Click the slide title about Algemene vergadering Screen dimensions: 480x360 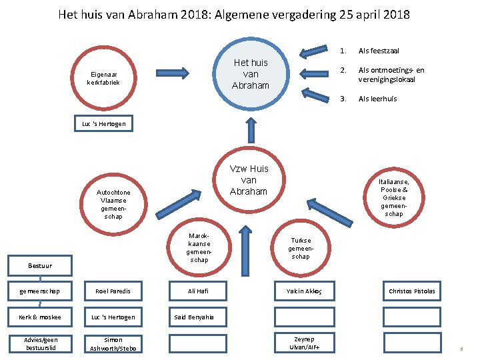coord(234,14)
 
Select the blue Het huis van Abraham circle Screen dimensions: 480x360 coord(250,74)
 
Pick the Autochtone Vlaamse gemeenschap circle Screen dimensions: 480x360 coord(113,204)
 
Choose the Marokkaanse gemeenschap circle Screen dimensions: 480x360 coord(199,247)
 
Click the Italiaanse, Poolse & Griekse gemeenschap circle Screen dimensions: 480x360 coord(394,196)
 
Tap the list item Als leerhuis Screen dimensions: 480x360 coord(377,99)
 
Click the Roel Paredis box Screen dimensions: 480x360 coord(113,291)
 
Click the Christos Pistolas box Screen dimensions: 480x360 coord(411,291)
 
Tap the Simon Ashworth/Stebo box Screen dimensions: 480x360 coord(113,343)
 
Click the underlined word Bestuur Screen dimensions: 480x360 coord(39,266)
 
